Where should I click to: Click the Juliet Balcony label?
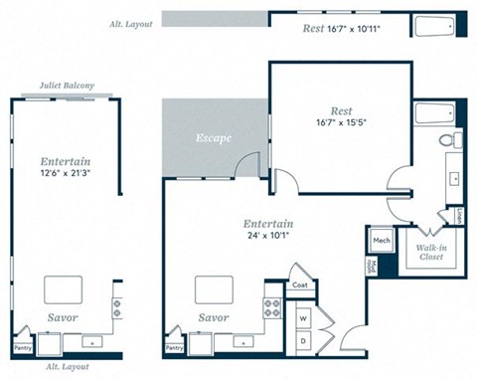click(x=67, y=87)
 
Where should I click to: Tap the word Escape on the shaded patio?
click(x=213, y=137)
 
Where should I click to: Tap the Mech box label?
click(x=382, y=241)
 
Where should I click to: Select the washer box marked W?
click(x=304, y=318)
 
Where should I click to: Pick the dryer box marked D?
click(x=304, y=340)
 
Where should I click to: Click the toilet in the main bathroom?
click(x=456, y=139)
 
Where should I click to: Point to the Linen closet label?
click(x=460, y=215)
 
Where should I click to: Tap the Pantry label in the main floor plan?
click(x=174, y=348)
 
